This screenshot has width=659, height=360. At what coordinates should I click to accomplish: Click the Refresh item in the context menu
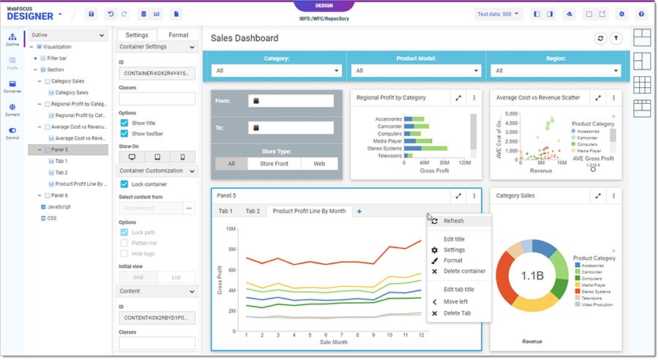(453, 220)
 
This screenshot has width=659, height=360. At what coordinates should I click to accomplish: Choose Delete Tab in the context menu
(458, 313)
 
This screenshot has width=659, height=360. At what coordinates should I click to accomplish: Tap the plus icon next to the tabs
(359, 211)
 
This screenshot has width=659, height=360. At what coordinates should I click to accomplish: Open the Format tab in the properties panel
(178, 34)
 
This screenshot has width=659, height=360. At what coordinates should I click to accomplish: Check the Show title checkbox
(124, 123)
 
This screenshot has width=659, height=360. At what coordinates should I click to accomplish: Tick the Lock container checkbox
(124, 184)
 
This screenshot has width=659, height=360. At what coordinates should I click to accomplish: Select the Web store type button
(320, 164)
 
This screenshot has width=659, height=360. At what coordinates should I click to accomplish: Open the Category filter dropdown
(277, 71)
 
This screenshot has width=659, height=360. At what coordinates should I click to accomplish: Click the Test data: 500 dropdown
(498, 14)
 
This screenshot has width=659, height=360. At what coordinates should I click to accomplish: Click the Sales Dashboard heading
(245, 38)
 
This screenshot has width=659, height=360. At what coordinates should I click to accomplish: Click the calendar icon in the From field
(257, 101)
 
